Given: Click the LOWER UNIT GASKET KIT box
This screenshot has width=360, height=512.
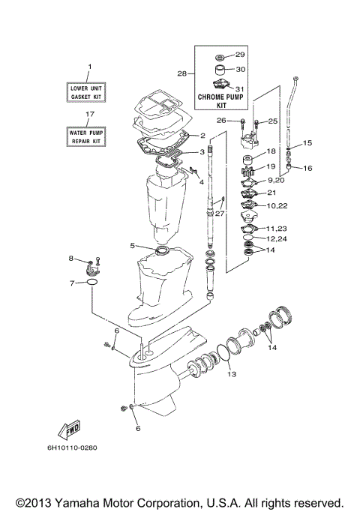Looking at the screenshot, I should [89, 91].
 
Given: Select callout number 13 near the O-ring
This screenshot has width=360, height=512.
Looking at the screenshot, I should [232, 373].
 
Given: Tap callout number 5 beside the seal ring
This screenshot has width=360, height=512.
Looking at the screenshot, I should [132, 245].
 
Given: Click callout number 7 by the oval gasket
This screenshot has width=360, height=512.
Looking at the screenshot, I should [72, 283].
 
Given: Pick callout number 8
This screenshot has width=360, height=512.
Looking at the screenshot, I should [72, 259].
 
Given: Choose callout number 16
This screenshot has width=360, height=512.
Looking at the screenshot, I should [307, 169].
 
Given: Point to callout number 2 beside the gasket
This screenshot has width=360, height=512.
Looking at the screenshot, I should [202, 136].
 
